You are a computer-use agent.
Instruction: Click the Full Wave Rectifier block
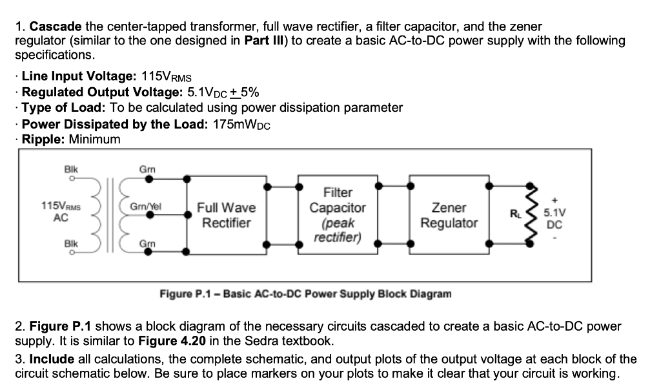(x=225, y=215)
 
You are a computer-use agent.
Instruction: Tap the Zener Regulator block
(x=449, y=215)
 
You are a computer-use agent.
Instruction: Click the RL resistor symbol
(x=531, y=211)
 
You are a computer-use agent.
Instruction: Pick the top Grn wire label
(x=146, y=169)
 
